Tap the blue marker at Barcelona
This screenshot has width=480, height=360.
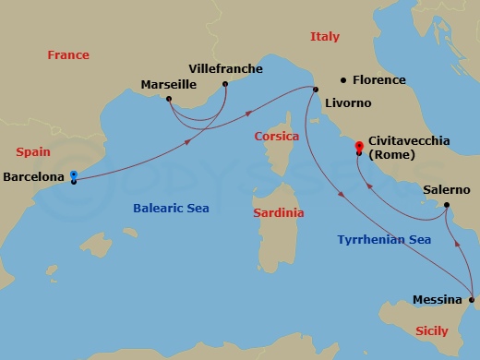pos(73,174)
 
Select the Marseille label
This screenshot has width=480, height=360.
pos(168,85)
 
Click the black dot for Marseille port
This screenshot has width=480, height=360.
pos(169,98)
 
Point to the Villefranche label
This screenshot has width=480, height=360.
pos(225,68)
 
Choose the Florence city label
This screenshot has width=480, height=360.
pos(379,80)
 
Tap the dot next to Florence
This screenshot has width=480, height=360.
pos(343,80)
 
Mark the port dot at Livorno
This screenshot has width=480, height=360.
pos(315,90)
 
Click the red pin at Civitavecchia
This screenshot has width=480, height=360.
pos(359,145)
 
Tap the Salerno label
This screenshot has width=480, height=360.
pos(447,190)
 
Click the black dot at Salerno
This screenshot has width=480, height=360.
pos(446,205)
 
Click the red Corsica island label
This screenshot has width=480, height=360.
pos(277,136)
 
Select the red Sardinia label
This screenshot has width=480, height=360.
pos(278,212)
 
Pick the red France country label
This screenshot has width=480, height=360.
pos(68,55)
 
